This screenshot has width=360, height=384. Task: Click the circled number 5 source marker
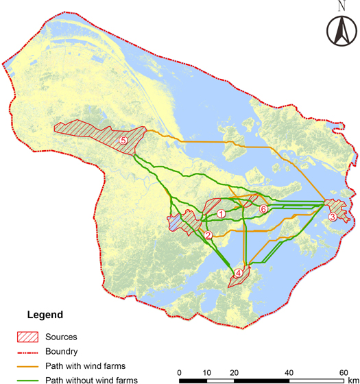tap(123, 141)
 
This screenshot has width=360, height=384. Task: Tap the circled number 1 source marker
tap(221, 214)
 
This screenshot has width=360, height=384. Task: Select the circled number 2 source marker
tap(208, 236)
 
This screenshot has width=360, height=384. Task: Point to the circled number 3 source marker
tap(332, 217)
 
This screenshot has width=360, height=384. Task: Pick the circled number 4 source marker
tap(238, 273)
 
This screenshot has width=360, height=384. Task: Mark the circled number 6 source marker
tap(263, 208)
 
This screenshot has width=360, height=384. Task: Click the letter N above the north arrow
tap(341, 6)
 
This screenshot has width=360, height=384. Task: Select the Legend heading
tap(45, 315)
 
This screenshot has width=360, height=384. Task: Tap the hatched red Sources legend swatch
tap(27, 337)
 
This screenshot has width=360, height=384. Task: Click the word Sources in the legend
tap(61, 337)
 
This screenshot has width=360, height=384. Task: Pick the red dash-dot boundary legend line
tap(27, 351)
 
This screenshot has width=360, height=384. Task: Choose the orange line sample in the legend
tap(27, 365)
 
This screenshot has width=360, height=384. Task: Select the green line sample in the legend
tap(27, 380)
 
